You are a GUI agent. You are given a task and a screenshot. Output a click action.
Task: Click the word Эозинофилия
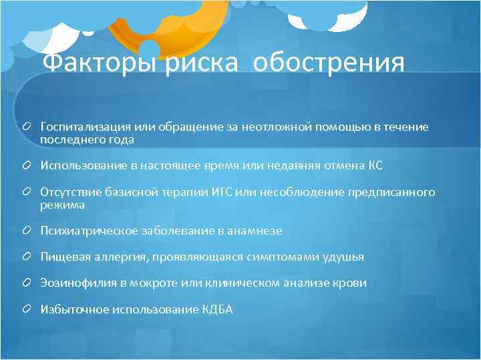pos(78,283)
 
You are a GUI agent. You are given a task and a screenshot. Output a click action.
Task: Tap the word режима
pos(62,205)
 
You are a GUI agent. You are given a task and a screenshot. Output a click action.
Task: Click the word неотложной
pos(273,126)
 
